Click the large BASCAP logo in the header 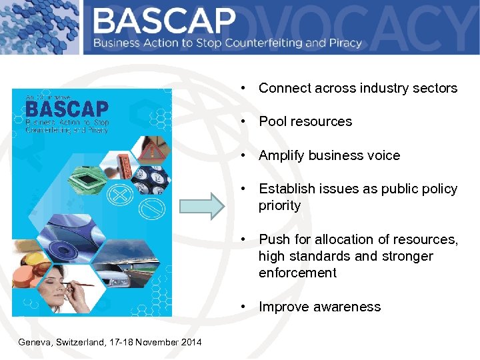164,22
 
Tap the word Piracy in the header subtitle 344,43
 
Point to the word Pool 271,121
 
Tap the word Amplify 283,155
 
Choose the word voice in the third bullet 384,155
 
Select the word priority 280,205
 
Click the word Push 272,239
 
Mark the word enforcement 297,273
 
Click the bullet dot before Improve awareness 245,307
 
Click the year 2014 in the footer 190,342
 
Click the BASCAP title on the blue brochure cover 67,109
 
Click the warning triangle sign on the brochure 155,151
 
